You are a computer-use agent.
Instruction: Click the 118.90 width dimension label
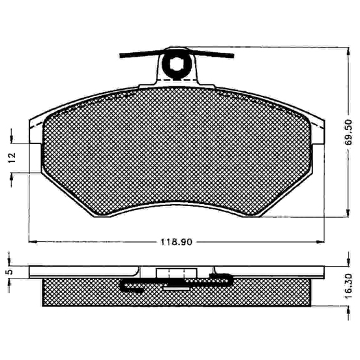pos(176,242)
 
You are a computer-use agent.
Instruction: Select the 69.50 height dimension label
pos(348,132)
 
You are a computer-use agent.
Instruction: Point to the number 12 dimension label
pos(12,158)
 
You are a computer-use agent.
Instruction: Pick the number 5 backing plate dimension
pos(9,272)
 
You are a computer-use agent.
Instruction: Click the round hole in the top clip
pos(176,64)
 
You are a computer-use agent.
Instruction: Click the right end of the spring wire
pos(232,56)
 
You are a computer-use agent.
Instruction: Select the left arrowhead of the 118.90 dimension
pos(33,242)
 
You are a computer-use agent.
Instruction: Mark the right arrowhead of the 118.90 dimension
pos(320,242)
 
